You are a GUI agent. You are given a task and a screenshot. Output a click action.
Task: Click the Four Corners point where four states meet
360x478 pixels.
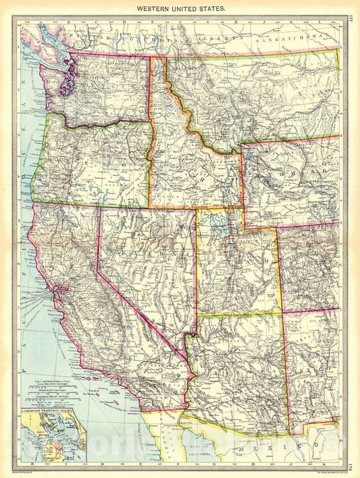click(x=282, y=313)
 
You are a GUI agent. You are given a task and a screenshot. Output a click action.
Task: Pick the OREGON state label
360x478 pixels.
click(x=95, y=162)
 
